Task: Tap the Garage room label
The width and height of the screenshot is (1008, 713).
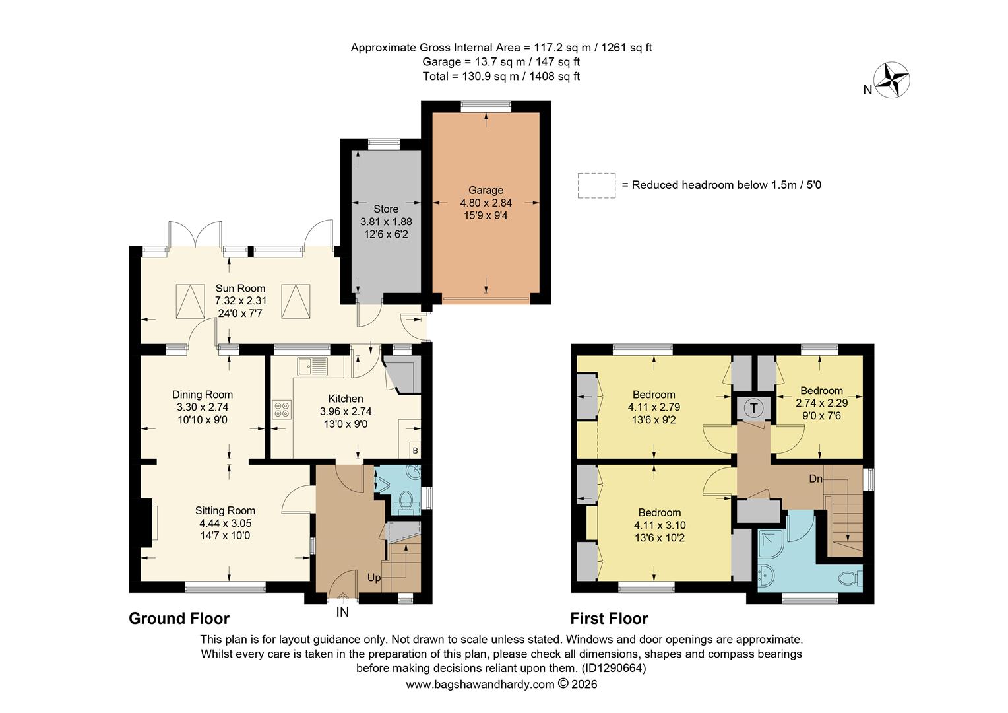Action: coord(486,191)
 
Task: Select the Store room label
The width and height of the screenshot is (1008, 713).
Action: coord(386,209)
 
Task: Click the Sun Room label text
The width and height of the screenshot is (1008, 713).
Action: coord(240,289)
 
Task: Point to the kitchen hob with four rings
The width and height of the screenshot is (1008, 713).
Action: coord(281,410)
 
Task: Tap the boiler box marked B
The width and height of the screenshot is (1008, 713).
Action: coord(415,450)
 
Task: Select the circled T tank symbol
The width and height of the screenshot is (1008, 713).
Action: coord(753,408)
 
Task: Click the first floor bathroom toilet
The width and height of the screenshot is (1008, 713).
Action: coord(850,579)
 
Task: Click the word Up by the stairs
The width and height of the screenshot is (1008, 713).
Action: coord(374,578)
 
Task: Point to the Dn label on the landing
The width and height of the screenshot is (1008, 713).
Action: coord(815,479)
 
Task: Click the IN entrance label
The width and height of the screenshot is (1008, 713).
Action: coord(342,612)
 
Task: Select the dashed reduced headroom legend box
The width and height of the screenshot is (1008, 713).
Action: coord(596,186)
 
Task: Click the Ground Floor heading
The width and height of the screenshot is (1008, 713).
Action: coord(179,619)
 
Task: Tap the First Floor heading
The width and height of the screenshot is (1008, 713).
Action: coord(609,619)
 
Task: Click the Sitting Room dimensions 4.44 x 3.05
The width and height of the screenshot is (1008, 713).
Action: coord(225,523)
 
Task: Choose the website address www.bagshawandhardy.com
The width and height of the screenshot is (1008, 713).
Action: coord(480,685)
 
